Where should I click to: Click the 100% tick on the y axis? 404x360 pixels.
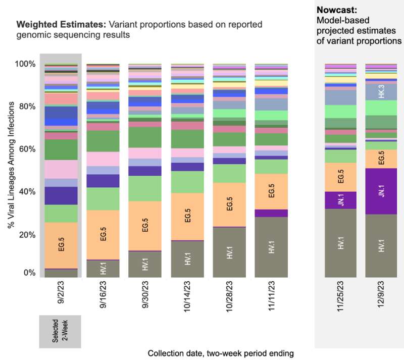26,64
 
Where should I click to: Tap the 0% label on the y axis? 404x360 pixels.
30,273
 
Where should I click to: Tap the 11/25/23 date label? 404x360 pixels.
341,296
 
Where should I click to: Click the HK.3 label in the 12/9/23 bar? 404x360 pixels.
381,91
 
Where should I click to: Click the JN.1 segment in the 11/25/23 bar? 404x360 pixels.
341,199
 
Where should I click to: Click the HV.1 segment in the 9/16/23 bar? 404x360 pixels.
104,268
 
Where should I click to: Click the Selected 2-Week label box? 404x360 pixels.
61,332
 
